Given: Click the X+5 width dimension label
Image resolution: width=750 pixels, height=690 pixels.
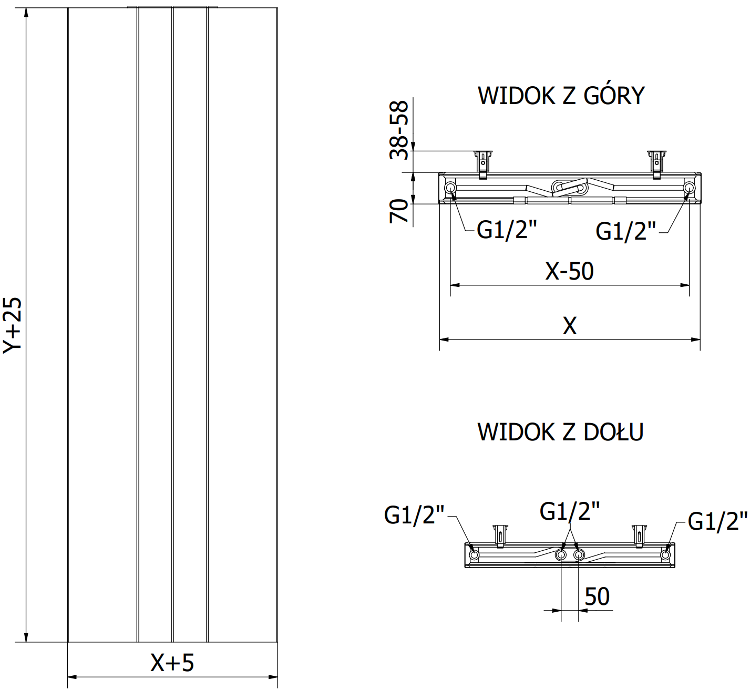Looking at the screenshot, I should tap(172, 663).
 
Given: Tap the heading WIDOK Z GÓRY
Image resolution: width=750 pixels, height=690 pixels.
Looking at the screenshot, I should tap(561, 96).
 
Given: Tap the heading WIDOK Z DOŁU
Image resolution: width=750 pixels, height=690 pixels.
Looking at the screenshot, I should tap(560, 432).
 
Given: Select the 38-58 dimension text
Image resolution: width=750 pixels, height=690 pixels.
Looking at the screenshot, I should tap(399, 130).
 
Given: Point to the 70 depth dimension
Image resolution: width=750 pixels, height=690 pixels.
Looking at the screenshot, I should tap(399, 211).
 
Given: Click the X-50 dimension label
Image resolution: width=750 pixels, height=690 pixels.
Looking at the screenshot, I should tap(569, 271).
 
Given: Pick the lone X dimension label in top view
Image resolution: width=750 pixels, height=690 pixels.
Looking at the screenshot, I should tap(570, 326).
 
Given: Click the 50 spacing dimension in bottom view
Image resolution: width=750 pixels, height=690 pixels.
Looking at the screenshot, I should tap(597, 597).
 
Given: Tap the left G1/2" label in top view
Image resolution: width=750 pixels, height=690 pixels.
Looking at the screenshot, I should tap(507, 230).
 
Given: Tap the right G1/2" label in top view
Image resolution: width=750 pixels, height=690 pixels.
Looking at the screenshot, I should tap(625, 231).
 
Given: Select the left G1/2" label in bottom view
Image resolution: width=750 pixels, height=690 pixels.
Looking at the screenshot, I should tap(414, 515).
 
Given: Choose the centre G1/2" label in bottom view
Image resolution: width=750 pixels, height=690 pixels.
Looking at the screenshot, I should tap(570, 511).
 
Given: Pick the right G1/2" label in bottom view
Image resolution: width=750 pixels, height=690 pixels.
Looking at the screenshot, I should tap(717, 521).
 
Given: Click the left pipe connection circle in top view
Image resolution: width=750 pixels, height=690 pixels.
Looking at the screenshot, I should tap(450, 188).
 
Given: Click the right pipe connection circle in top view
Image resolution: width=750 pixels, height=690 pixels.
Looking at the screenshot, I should tap(689, 188).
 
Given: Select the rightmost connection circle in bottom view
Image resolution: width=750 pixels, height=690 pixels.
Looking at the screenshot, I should tap(665, 554).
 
